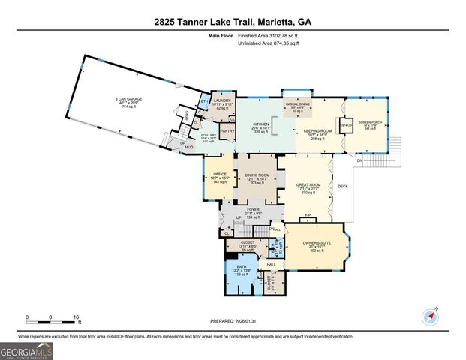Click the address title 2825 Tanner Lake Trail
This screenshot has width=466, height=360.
click(x=233, y=22)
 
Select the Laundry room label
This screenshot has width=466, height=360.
click(x=221, y=100)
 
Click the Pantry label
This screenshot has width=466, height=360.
click(x=227, y=130)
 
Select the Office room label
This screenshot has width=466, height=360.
click(x=219, y=177)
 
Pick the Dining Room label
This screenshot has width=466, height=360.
click(x=257, y=175)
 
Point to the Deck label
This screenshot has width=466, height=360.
click(x=343, y=187)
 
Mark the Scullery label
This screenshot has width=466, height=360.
click(x=208, y=136)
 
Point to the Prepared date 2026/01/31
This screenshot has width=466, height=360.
click(x=232, y=321)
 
